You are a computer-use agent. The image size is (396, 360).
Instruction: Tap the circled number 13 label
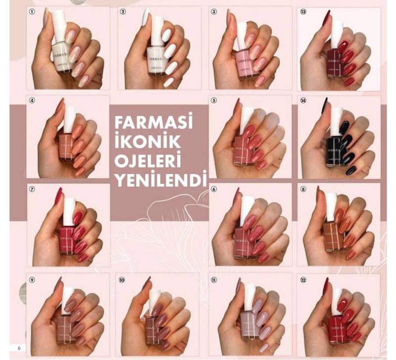coord(304,11)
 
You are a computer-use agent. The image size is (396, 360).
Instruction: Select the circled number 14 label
coord(304,100)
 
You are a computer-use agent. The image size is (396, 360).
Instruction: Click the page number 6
coord(19,348)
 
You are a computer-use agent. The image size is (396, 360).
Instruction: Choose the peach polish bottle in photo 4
coord(67,146)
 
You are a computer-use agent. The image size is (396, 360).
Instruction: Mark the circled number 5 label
coord(214,100)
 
